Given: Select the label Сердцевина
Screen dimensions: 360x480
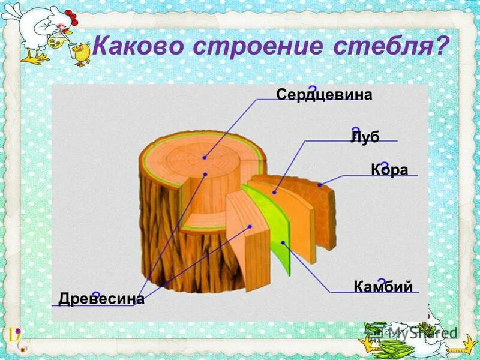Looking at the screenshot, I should [324, 95].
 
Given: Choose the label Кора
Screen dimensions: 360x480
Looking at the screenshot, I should [389, 170].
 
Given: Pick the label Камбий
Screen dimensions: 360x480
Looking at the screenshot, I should [383, 286].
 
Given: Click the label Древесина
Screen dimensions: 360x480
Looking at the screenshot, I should [101, 298].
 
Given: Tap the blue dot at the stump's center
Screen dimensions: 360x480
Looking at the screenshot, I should [205, 157].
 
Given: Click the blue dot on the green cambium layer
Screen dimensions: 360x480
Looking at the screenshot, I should [283, 243].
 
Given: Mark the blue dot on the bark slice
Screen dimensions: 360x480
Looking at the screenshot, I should [320, 185].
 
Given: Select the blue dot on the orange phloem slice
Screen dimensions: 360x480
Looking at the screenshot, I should [274, 193].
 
